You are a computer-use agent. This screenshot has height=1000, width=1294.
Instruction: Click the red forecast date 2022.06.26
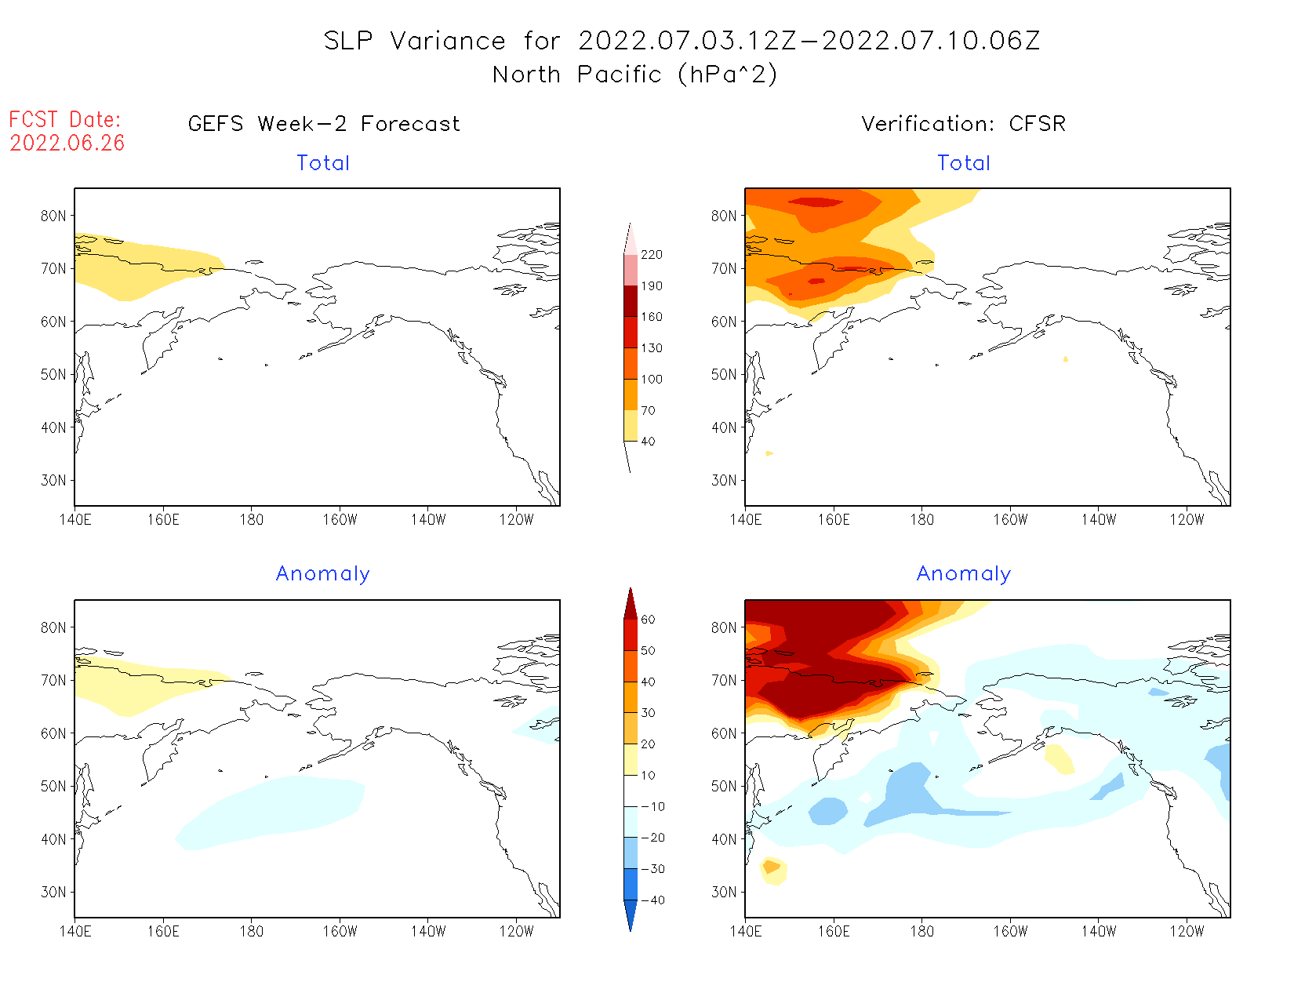coord(67,143)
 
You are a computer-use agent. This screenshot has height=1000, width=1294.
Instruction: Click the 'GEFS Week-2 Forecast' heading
coord(324,124)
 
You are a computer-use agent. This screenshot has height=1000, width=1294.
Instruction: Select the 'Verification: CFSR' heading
coord(963,124)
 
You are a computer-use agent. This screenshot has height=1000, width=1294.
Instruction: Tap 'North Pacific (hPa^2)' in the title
coord(634,75)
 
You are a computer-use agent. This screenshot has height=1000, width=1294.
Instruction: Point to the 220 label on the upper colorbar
coord(651,255)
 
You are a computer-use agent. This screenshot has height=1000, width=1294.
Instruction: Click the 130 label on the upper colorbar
coord(651,348)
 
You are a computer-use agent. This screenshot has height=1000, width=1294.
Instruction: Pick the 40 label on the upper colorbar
coord(648,442)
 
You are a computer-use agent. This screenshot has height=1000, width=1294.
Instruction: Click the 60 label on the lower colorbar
coord(648,620)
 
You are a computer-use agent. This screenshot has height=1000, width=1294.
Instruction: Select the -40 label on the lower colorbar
coord(652,900)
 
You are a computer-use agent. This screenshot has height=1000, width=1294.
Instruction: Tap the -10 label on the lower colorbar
coord(652,806)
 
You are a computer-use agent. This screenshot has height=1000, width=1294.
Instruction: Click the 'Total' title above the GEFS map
coord(323,163)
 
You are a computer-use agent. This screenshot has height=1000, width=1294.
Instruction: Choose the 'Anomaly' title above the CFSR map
coord(964,574)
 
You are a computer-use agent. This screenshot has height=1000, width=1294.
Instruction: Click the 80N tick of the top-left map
coord(53,216)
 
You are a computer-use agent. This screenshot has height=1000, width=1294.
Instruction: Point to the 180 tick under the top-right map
coord(921,519)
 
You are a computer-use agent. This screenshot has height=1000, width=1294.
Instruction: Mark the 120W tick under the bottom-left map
coord(516,932)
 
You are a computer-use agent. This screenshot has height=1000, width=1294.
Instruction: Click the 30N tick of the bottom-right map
coord(724,892)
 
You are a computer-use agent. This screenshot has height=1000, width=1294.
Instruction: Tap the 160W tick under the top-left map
coord(340,519)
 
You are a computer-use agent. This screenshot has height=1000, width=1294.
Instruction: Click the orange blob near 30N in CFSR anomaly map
coord(772,867)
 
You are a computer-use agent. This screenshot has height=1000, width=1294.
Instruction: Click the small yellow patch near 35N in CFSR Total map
coord(769,453)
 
